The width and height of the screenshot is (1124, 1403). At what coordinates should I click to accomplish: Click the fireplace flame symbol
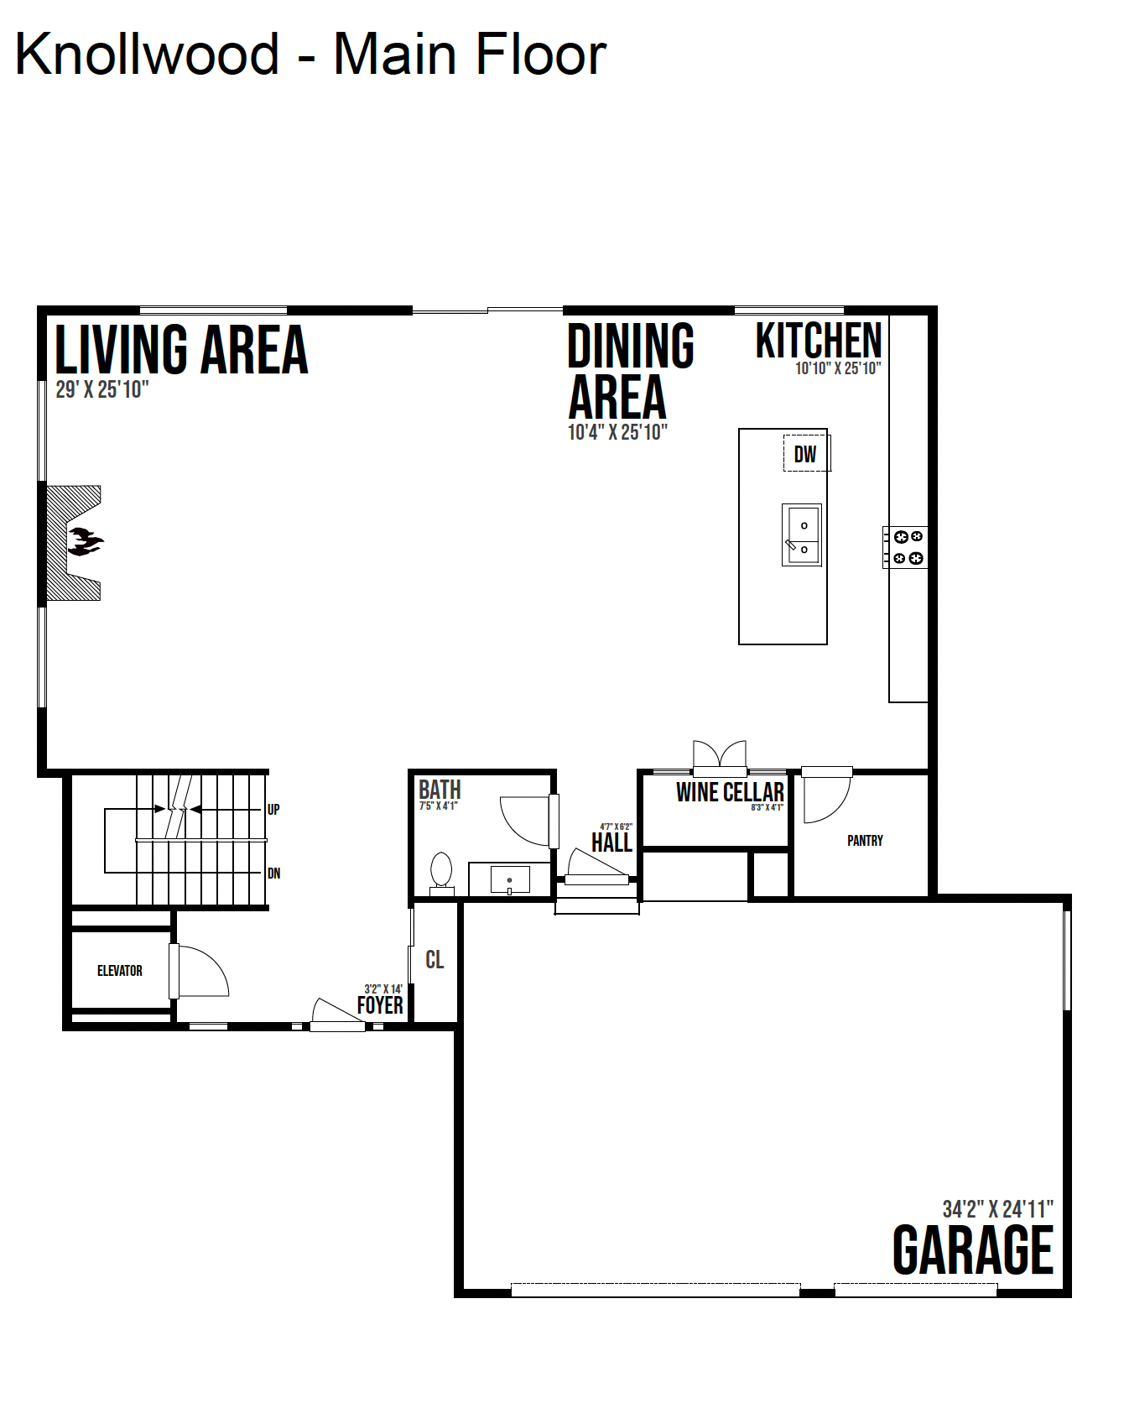(86, 541)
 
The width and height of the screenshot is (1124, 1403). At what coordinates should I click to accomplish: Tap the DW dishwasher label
(805, 454)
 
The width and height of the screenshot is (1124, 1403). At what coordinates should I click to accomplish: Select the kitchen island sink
(802, 535)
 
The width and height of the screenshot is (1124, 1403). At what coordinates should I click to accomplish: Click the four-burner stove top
(907, 547)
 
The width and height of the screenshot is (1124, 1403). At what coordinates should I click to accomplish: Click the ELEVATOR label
(120, 971)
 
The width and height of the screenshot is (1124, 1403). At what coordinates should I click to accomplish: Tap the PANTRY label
(865, 841)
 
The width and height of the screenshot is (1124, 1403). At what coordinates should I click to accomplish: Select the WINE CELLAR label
(730, 792)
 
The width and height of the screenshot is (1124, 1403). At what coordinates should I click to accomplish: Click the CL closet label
(435, 959)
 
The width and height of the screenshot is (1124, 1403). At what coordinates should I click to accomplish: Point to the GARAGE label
(973, 1250)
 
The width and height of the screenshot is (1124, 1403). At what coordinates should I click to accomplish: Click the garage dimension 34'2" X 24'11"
(997, 1209)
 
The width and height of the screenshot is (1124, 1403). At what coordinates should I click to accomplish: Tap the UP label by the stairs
(273, 810)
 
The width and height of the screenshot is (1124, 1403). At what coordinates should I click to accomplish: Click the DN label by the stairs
(273, 874)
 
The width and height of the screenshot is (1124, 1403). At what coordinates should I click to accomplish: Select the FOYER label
(380, 1005)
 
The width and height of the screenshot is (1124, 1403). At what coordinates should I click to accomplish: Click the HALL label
(611, 842)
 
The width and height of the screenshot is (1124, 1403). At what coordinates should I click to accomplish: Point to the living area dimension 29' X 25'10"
(102, 389)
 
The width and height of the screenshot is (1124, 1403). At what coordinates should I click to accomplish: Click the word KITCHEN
(819, 341)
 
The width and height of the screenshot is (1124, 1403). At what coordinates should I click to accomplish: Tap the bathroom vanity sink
(510, 880)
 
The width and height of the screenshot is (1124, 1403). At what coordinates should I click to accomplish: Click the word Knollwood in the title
(148, 54)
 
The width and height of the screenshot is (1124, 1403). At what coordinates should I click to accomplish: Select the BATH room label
(440, 790)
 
